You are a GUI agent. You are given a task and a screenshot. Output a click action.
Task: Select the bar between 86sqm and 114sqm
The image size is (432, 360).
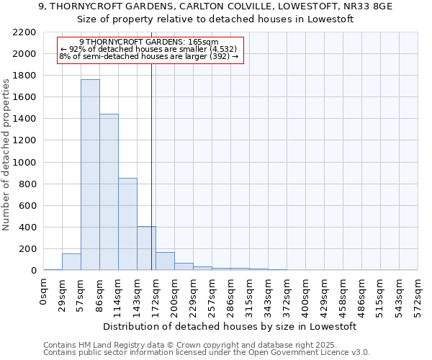click(x=109, y=192)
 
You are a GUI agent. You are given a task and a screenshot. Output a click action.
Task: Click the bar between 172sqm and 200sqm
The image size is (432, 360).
click(x=165, y=261)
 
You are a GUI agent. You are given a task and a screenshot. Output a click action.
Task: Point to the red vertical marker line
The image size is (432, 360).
click(x=151, y=166)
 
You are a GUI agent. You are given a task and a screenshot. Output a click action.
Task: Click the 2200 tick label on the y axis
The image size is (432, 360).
click(x=24, y=32)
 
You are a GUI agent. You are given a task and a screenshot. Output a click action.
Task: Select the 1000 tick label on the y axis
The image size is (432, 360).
click(x=24, y=163)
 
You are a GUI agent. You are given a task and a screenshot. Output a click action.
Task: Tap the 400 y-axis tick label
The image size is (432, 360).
click(x=27, y=228)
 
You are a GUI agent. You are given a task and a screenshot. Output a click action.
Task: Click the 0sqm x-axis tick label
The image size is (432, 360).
click(x=44, y=292)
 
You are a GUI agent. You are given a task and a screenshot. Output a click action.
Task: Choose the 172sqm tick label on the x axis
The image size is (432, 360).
click(x=156, y=294)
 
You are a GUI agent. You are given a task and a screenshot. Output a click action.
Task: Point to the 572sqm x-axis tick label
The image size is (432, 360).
click(x=418, y=294)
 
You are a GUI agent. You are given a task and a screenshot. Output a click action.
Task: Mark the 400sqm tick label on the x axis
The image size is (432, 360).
click(x=306, y=294)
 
